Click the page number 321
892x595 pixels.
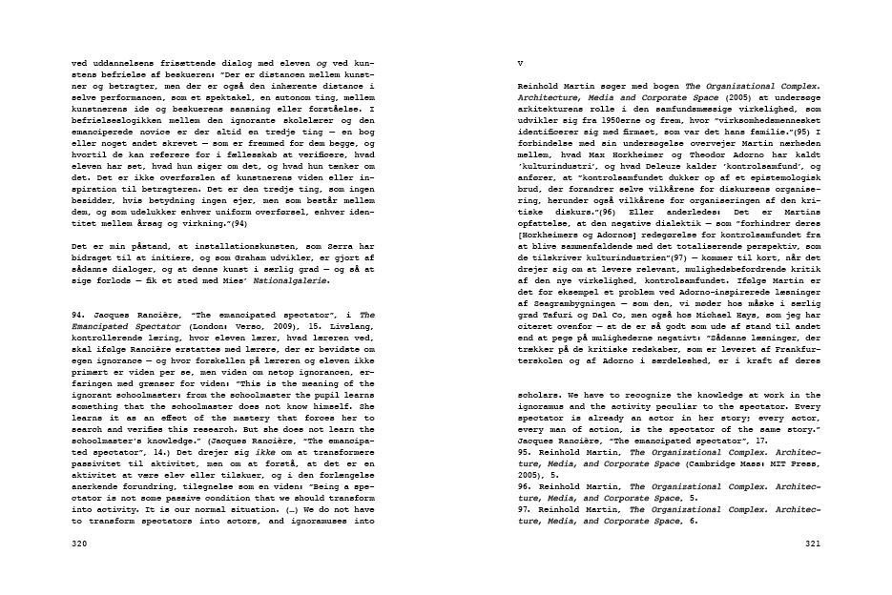point(814,544)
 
